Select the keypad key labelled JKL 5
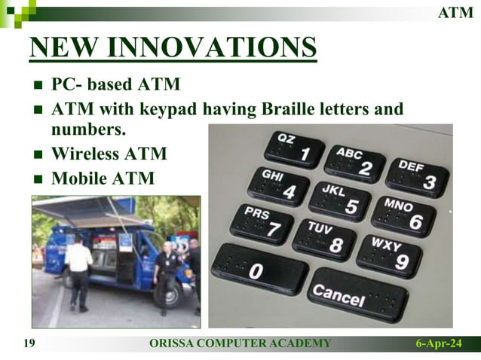(340, 200)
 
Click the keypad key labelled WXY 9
(389, 255)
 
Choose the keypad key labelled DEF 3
(416, 175)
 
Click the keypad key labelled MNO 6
(403, 215)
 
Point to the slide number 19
(30, 344)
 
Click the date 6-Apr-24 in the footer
(439, 344)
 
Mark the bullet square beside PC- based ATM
(38, 84)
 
